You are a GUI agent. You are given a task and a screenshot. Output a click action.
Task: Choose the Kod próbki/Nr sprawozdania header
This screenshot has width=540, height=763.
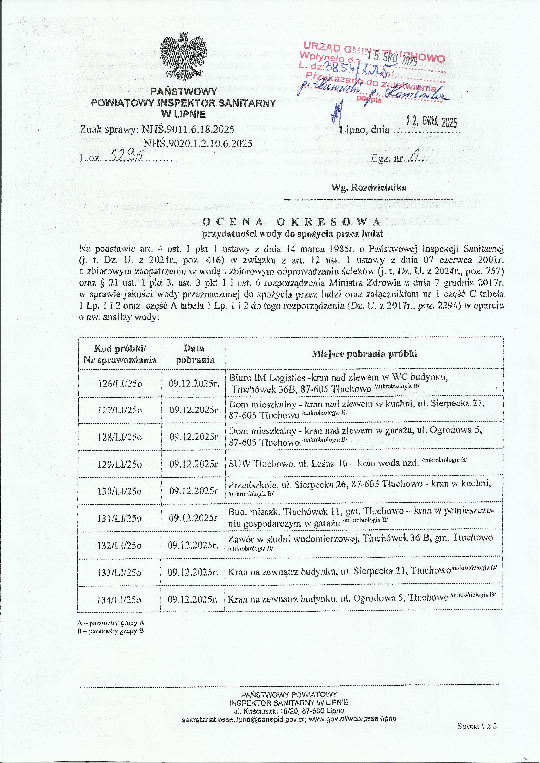120,354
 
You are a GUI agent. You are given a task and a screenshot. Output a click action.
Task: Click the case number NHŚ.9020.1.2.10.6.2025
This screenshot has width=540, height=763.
198,144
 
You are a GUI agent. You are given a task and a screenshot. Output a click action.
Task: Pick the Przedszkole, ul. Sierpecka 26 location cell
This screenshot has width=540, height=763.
359,487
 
